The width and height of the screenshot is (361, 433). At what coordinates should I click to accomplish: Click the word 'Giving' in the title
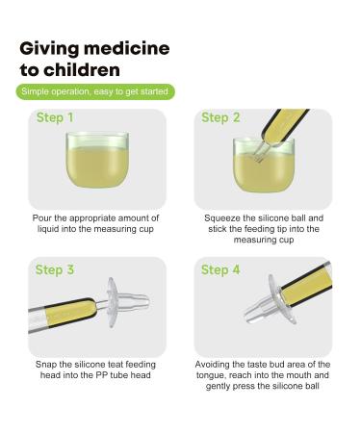point(49,49)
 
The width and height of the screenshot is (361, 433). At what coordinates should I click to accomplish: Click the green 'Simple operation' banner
point(95,91)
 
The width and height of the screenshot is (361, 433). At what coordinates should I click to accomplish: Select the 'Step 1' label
point(55,117)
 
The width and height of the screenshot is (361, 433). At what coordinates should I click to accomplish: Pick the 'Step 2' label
point(220,117)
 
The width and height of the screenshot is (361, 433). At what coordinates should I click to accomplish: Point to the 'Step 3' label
point(55,269)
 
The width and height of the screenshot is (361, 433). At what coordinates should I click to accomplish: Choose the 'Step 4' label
point(220,269)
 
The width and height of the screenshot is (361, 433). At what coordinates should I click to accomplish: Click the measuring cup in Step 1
point(97,160)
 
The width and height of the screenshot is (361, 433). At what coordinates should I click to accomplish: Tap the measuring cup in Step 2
point(264,166)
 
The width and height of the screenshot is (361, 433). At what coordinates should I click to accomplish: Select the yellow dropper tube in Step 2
point(284,126)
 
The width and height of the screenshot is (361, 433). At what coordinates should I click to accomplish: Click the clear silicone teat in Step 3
point(128,302)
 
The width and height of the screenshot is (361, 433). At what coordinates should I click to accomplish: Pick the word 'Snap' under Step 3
point(46,365)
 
